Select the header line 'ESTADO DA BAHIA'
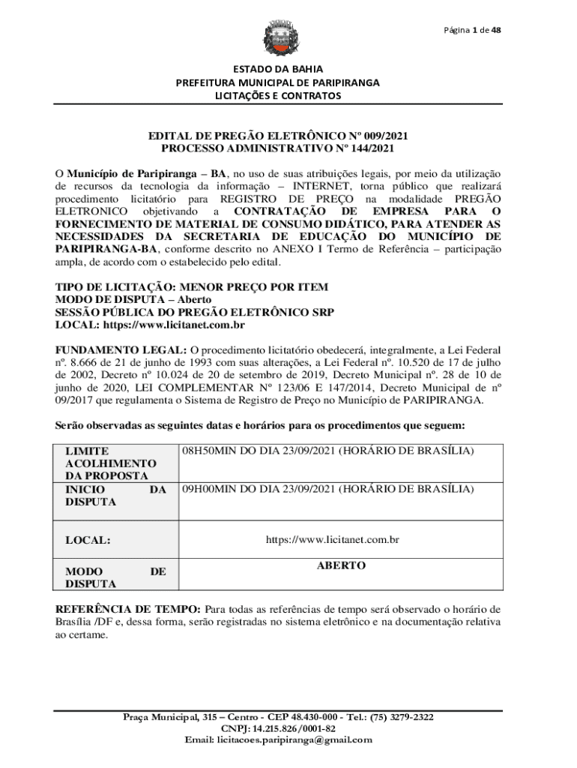coord(277,69)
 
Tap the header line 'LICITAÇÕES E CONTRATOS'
coord(277,96)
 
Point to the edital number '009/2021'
coord(387,136)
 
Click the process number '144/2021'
coord(367,148)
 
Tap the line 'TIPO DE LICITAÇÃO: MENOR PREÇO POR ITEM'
coord(192,287)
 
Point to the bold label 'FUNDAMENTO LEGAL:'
coord(121,349)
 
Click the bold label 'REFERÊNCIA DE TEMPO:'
coord(128,608)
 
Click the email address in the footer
coord(294,739)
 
